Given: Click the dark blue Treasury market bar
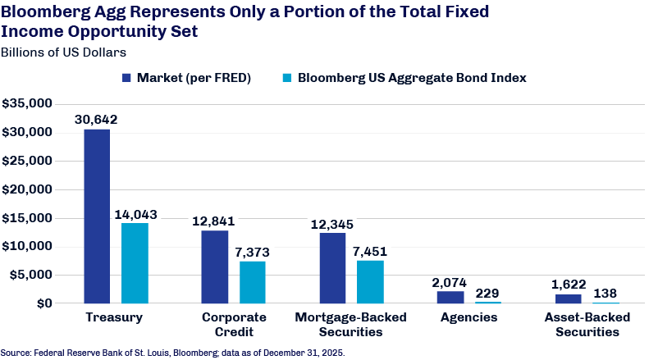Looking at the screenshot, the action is point(97,216).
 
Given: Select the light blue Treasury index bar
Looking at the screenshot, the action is point(135,263).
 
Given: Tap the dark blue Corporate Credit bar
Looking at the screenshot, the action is point(215,267).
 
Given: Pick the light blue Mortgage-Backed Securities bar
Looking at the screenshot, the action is point(370,282).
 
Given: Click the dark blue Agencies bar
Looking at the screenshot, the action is point(450,297).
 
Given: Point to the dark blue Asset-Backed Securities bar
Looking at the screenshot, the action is point(569,298).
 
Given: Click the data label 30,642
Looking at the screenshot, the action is point(96,120).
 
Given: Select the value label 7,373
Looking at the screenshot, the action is point(252,252).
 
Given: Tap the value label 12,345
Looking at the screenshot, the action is point(332,224).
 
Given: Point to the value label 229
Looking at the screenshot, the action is point(487,294).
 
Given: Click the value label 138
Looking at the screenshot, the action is point(606,294).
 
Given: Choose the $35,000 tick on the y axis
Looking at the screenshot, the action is point(27,103).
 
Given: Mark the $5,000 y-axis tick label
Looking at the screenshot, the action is point(31,275).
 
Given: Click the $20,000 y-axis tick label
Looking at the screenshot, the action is point(27,189).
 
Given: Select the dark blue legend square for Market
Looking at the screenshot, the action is point(126,78).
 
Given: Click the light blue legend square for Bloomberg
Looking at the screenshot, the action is point(287,78).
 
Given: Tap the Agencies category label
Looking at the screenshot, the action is point(469,317).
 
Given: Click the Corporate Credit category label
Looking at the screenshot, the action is point(234,325).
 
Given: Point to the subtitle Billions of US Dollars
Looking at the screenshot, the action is point(63,52).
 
